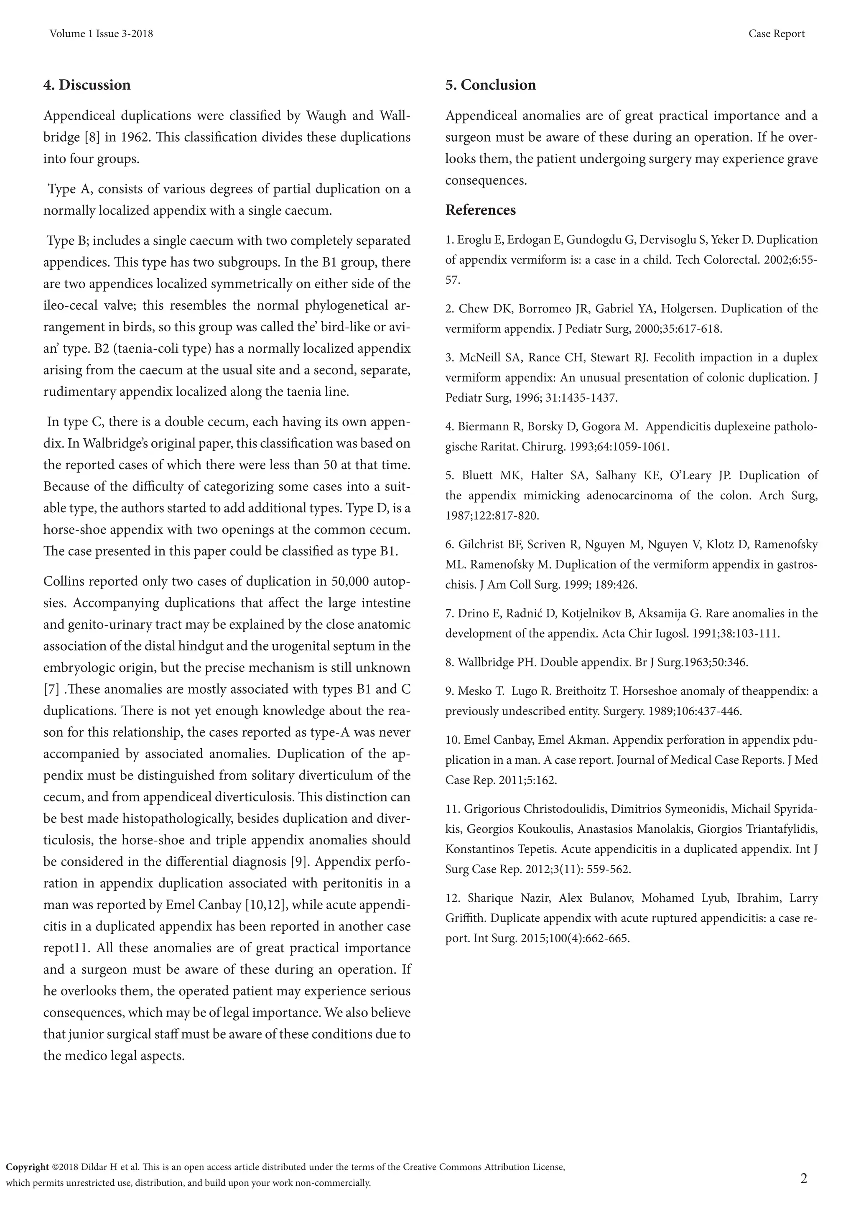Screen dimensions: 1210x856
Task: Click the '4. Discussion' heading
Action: (87, 85)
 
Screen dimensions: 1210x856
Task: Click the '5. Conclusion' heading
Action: (490, 85)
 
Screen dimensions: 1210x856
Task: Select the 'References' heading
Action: (480, 210)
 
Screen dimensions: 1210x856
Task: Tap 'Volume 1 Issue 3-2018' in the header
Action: (101, 34)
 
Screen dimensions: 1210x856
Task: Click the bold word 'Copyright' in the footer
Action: (28, 1167)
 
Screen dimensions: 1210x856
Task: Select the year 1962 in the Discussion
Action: (135, 137)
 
